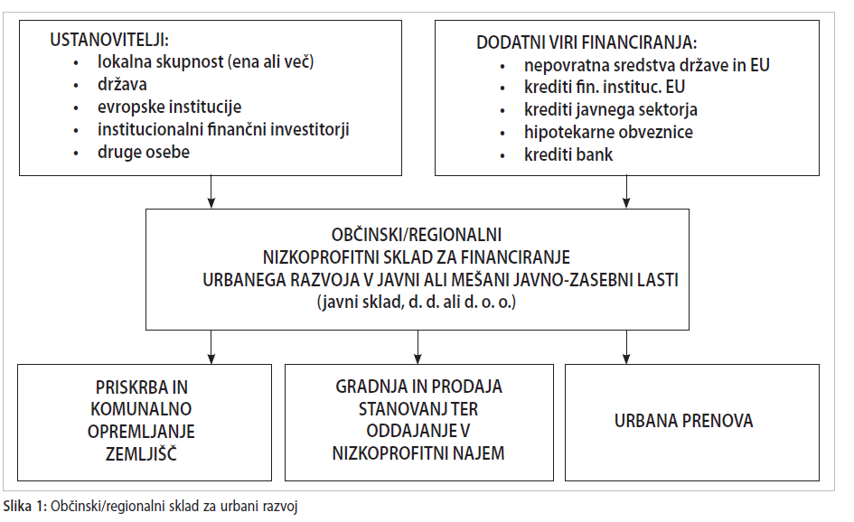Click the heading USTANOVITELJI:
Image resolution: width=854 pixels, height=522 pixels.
click(x=109, y=40)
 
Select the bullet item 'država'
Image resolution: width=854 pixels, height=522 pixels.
click(x=122, y=84)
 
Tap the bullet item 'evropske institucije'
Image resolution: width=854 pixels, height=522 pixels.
click(x=169, y=107)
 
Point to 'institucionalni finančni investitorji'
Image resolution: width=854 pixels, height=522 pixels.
click(x=223, y=129)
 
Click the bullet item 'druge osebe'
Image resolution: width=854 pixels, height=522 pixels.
click(x=144, y=152)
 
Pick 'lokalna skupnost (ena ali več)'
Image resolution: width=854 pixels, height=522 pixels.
click(x=206, y=62)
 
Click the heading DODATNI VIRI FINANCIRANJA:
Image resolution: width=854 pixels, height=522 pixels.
click(x=587, y=42)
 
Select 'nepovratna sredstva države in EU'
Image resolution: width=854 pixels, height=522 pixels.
click(x=646, y=65)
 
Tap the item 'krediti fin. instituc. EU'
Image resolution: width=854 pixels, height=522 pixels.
click(x=605, y=87)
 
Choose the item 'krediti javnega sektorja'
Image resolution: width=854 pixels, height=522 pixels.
click(x=611, y=110)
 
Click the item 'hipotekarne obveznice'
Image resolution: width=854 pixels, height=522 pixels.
click(x=608, y=132)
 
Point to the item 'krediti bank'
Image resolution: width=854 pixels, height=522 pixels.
click(x=568, y=154)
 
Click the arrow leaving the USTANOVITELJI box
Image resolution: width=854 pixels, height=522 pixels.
click(x=211, y=191)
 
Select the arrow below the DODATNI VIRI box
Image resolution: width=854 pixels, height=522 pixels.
click(x=626, y=191)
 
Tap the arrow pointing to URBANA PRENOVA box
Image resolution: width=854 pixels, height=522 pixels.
click(x=626, y=348)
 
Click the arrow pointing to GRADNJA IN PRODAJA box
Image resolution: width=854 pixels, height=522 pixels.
click(x=418, y=348)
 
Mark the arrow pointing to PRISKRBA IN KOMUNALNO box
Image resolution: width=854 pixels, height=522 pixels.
click(x=211, y=348)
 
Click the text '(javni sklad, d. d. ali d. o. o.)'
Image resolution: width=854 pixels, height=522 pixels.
click(x=417, y=303)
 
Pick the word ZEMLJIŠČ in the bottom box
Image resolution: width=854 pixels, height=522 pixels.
click(x=141, y=452)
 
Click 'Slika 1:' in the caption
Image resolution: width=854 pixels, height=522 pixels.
click(x=25, y=507)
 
